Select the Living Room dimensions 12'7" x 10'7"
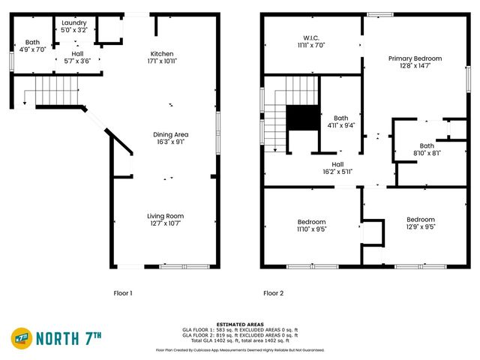(165, 223)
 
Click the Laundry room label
(74, 22)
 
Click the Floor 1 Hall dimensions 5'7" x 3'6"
(78, 61)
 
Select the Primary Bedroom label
(415, 58)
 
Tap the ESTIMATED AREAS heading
(239, 324)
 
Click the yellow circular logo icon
(21, 339)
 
